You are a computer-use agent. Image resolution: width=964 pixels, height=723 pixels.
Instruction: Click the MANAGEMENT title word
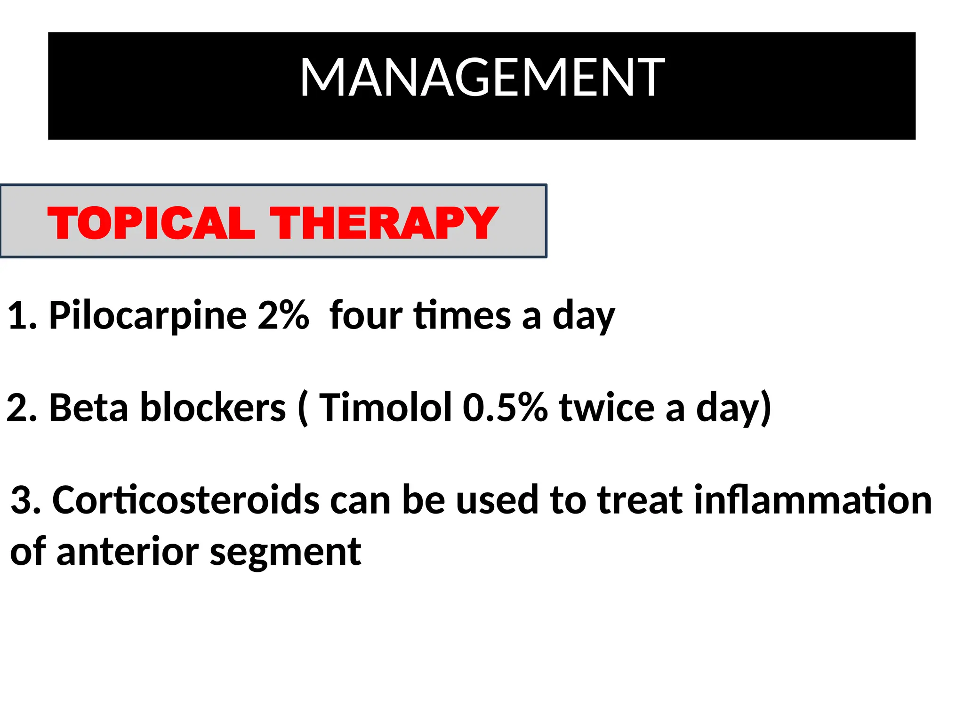pos(482,78)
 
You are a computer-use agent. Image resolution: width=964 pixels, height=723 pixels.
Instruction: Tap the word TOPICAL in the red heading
pos(151,223)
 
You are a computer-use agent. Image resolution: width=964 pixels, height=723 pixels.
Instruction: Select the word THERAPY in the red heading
pos(384,223)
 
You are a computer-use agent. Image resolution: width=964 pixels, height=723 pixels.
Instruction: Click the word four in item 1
pos(366,315)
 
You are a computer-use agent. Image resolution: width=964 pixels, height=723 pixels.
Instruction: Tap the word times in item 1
pos(462,315)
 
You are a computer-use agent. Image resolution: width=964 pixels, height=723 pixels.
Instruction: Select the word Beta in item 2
pos(88,408)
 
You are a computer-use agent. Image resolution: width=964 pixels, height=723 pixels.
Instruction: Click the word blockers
pos(213,408)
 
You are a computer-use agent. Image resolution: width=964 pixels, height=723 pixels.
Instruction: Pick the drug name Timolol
pos(386,408)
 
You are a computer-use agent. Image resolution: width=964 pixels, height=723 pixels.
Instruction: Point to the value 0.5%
pos(505,408)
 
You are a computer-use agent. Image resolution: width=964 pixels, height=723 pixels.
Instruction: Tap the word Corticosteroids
pos(186,500)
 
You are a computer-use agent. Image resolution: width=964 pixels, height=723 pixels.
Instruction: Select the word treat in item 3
pos(640,500)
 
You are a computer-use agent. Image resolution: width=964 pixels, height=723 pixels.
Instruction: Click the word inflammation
pos(813,500)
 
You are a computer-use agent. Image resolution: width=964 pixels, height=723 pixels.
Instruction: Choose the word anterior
pos(127,552)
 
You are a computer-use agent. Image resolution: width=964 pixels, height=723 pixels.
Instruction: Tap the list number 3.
pos(22,500)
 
